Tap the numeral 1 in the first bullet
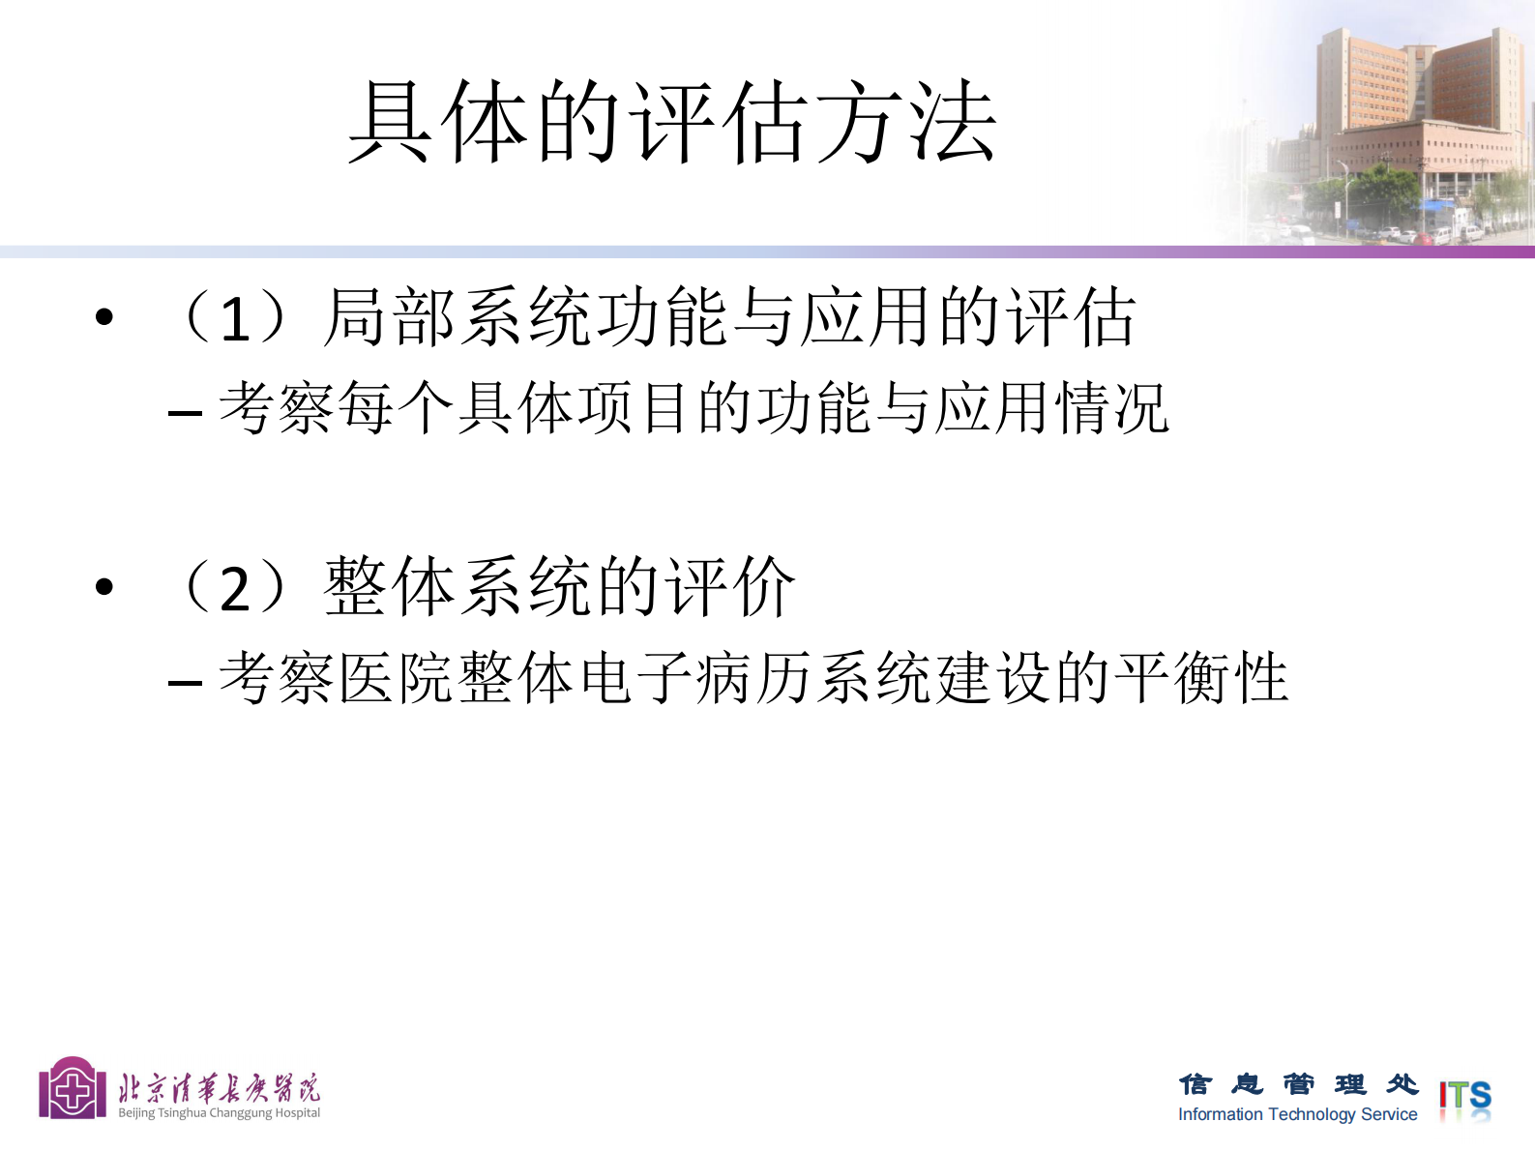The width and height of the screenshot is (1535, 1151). (235, 318)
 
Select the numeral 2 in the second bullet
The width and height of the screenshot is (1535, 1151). (235, 588)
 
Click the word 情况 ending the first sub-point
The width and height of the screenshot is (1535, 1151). (1111, 408)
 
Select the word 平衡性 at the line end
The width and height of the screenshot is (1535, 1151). (1200, 677)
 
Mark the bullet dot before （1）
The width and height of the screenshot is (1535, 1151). (104, 316)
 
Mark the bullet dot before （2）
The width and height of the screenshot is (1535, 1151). (104, 586)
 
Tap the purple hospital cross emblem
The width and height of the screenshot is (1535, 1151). (73, 1090)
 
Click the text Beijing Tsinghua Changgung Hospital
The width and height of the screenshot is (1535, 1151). (219, 1113)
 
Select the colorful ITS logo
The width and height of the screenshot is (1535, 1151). (1464, 1098)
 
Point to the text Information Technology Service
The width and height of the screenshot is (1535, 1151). (1297, 1114)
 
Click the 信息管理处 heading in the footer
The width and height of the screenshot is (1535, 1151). (1298, 1084)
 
